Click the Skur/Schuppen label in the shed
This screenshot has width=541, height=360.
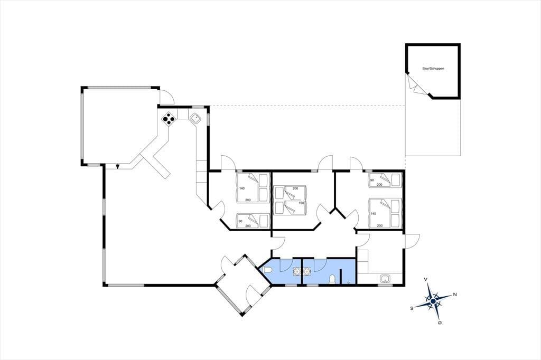tap(433, 69)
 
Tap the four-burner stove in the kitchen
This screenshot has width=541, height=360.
tap(169, 119)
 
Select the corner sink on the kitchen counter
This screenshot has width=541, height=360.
tap(195, 118)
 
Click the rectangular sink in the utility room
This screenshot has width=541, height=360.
tap(385, 278)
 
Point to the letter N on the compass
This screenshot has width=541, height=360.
tap(455, 294)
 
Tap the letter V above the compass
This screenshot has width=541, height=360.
tap(426, 279)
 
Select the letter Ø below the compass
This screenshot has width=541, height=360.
tap(440, 323)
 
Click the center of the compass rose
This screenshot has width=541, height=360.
tap(433, 301)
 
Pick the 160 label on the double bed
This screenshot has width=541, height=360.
tap(301, 203)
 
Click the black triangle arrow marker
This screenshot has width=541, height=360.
tap(118, 167)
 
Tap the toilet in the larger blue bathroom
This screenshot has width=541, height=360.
tap(332, 279)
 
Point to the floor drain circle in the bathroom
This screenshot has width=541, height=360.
tap(349, 282)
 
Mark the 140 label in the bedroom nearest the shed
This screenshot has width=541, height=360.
tap(373, 214)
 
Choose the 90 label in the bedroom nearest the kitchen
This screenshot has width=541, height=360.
tap(240, 221)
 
